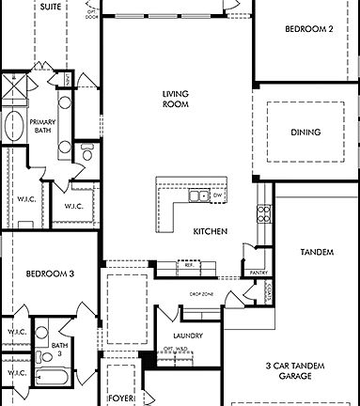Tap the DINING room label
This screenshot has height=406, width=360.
(305, 133)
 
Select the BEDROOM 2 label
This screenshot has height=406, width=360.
(309, 29)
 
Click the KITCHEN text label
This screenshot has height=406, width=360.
(210, 231)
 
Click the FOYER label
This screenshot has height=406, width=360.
(120, 398)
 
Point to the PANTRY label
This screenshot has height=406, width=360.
(259, 273)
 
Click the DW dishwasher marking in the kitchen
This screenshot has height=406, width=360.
(217, 195)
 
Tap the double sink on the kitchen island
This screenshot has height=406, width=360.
(198, 195)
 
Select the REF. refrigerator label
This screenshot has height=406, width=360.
(188, 266)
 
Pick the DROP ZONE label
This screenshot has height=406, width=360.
(200, 294)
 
